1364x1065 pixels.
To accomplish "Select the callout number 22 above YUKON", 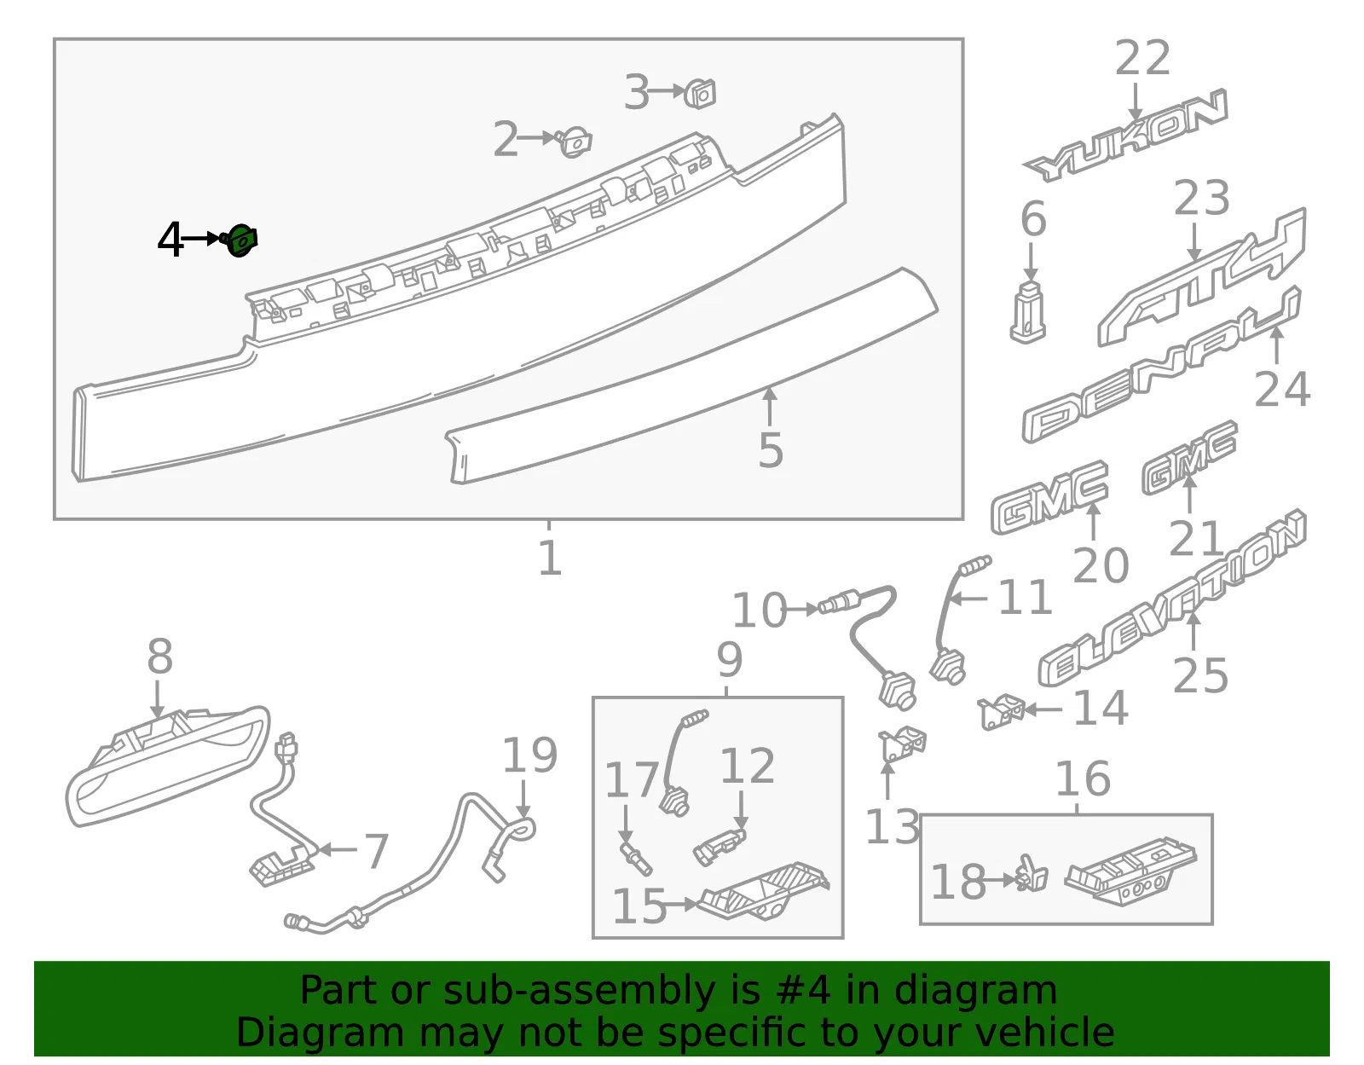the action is [1141, 58].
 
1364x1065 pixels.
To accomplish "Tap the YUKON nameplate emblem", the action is [1124, 136].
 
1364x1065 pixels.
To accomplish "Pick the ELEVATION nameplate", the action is [1172, 598].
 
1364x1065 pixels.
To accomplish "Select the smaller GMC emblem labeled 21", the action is [1189, 458].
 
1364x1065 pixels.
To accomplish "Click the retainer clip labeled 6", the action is [1027, 312].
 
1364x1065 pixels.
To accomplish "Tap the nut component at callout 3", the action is [700, 94].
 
